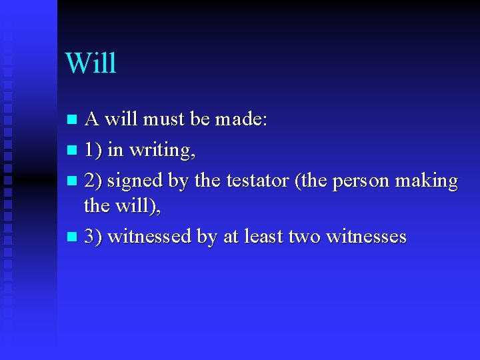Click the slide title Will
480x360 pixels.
[91, 63]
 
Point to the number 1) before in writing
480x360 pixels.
[93, 151]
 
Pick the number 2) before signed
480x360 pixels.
[93, 181]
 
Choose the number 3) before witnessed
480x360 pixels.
[93, 237]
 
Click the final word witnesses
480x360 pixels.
[366, 237]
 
